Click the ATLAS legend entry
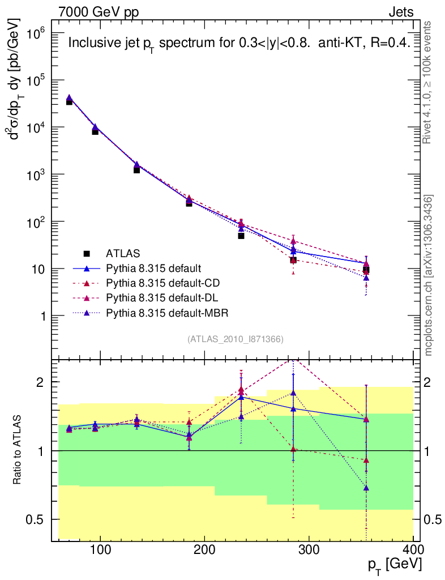pos(123,253)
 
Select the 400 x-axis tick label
pos(413,550)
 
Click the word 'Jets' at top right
pos(401,12)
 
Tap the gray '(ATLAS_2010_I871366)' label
pos(235,339)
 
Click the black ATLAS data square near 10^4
pos(95,131)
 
